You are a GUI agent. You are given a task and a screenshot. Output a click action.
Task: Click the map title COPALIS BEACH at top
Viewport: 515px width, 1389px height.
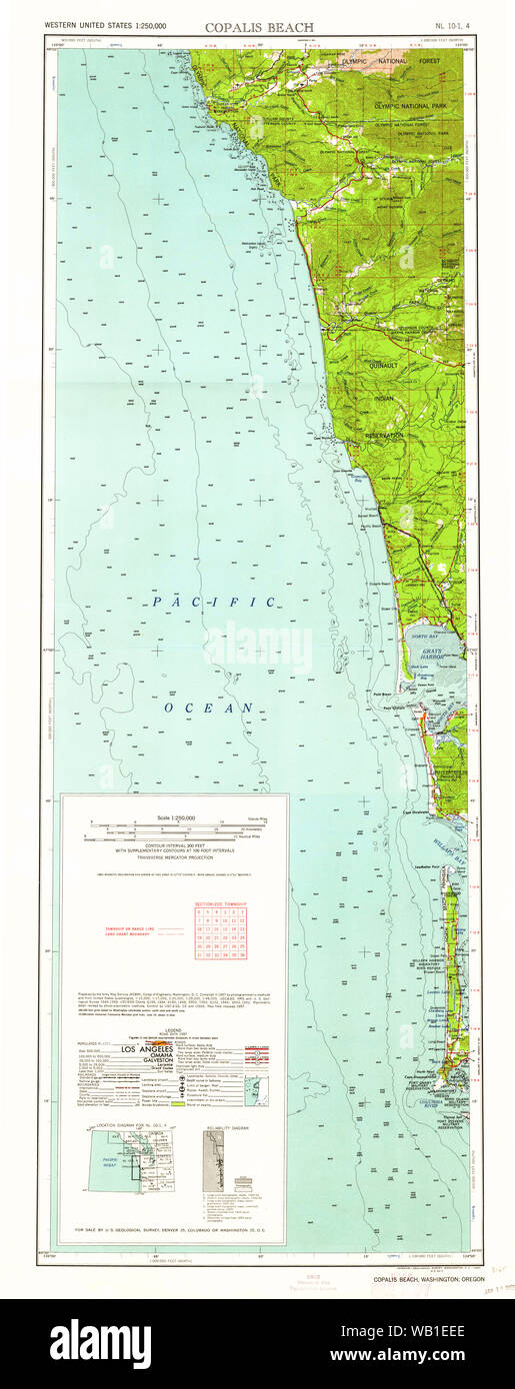coord(259,27)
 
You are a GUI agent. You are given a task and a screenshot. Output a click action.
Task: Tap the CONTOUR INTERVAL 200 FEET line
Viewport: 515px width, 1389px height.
coord(175,844)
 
